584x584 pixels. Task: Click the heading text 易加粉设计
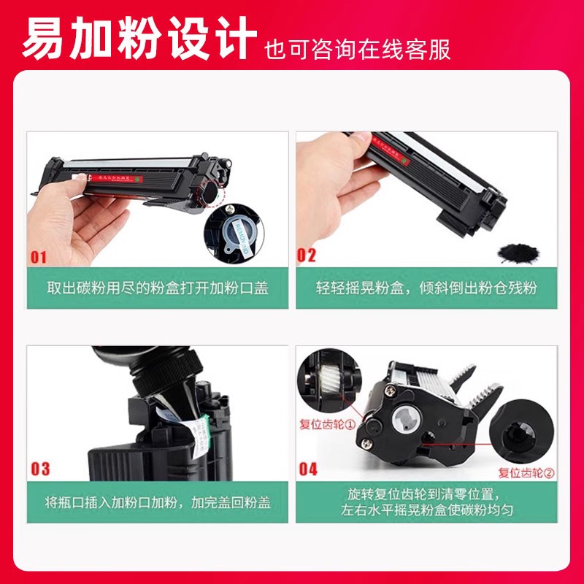[139, 36]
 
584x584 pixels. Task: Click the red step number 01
[38, 257]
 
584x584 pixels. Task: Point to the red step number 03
[39, 468]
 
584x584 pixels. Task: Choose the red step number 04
[308, 468]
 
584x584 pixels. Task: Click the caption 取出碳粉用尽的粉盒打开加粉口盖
[157, 288]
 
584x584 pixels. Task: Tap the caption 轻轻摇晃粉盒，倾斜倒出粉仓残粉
[426, 288]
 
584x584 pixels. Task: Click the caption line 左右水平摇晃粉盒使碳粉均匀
[426, 510]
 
